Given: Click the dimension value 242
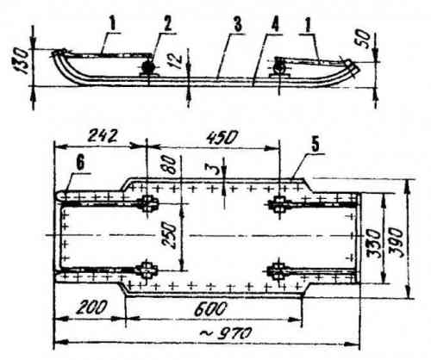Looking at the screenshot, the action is click(x=103, y=136).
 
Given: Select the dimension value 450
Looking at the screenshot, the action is click(x=222, y=137).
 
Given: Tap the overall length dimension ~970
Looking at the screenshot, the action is click(x=225, y=334).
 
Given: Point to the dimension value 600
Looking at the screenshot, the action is click(x=210, y=309).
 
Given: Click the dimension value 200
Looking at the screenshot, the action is click(x=92, y=307).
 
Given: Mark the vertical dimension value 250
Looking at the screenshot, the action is click(x=169, y=236).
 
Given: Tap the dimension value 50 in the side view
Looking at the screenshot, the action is click(x=363, y=39).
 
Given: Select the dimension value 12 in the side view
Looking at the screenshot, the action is click(x=177, y=59).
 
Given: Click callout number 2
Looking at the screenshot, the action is click(x=167, y=24).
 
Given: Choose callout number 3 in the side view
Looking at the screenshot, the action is click(x=237, y=24).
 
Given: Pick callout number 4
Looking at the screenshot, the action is click(x=275, y=25).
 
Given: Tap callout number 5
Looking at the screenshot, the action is click(x=315, y=146).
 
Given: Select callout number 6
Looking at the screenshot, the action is click(x=80, y=164).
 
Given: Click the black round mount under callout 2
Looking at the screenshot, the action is click(x=148, y=68).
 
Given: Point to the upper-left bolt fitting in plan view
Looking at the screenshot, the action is click(x=147, y=204).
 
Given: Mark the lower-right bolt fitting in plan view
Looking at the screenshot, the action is click(x=277, y=270).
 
